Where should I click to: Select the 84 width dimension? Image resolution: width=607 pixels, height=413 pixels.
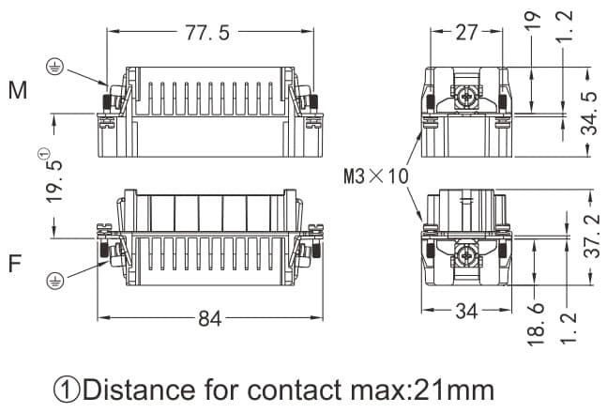(209, 319)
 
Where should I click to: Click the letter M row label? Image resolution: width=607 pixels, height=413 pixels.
(18, 91)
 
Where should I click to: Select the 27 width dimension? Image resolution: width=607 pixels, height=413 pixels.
(466, 33)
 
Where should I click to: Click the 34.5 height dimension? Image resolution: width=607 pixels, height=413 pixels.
(587, 113)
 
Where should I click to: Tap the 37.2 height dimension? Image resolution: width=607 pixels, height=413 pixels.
(587, 240)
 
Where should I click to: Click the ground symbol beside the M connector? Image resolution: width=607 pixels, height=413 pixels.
(55, 68)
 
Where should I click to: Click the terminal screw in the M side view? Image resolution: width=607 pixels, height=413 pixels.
(466, 94)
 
